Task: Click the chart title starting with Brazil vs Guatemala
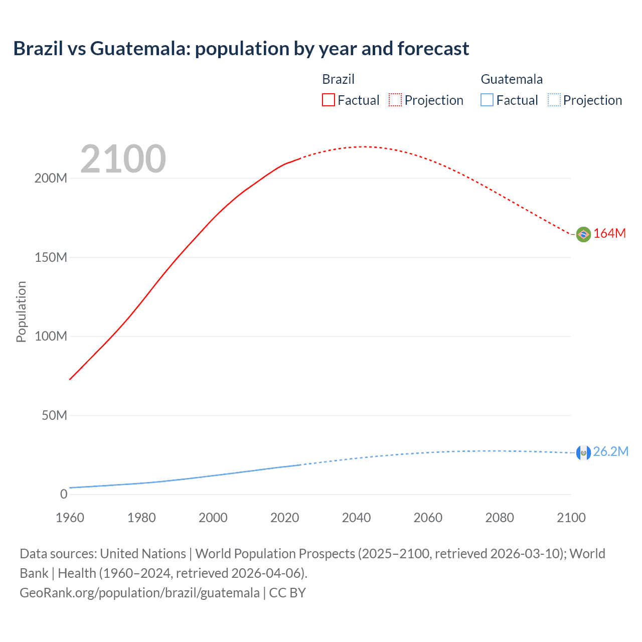[241, 49]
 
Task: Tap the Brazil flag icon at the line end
[583, 234]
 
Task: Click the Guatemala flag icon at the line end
[583, 452]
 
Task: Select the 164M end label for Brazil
[609, 234]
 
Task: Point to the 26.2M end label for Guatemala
[610, 452]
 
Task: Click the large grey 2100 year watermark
[123, 159]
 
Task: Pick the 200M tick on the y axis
[51, 179]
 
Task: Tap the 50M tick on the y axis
[54, 415]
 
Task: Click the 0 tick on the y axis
[63, 495]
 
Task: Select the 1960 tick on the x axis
[70, 518]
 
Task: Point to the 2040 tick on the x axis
[356, 518]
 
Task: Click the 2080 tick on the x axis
[500, 518]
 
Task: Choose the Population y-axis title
[21, 311]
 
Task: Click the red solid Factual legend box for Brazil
[328, 100]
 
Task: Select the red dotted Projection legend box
[395, 100]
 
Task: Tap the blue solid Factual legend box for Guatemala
[487, 100]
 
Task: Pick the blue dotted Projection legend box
[554, 100]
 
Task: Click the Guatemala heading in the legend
[512, 79]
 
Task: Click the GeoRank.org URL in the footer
[139, 593]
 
